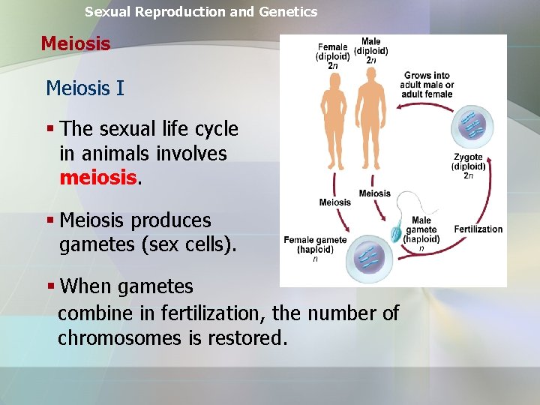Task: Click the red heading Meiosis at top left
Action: (x=75, y=43)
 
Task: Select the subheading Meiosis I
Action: (x=85, y=88)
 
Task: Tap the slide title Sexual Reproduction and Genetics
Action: (x=201, y=12)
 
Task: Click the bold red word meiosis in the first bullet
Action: (x=98, y=178)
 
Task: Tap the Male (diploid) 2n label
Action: (x=370, y=50)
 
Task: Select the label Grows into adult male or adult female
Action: (x=427, y=85)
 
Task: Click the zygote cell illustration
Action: (x=472, y=127)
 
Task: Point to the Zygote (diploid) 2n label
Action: (x=469, y=166)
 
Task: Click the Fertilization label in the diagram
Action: (x=478, y=229)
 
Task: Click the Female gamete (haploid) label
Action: (x=315, y=245)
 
